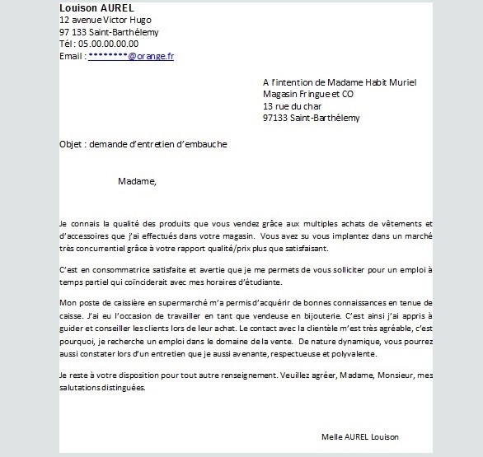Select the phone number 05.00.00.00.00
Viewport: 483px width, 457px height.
[109, 44]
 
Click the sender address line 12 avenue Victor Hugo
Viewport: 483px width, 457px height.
[106, 20]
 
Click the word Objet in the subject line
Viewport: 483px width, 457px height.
[73, 144]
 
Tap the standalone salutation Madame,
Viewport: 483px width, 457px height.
[137, 181]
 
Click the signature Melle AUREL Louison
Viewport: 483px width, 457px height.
[360, 436]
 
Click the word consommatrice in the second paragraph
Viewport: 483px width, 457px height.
[124, 270]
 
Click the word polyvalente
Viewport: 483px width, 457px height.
[352, 353]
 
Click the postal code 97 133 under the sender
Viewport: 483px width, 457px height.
[71, 32]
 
